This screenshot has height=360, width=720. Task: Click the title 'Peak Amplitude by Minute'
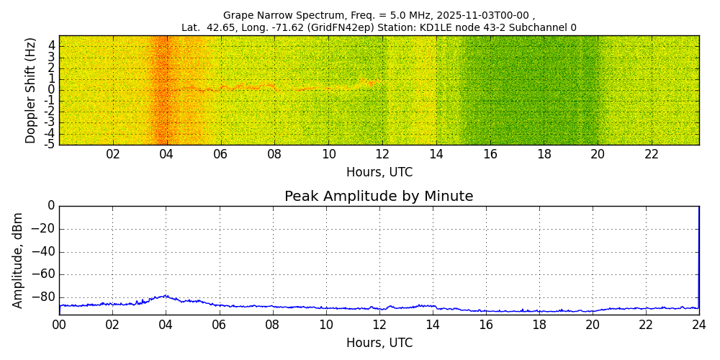coord(379,197)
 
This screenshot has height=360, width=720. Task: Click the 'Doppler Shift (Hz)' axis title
coord(30,90)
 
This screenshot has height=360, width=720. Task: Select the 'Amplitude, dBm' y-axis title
coord(19,260)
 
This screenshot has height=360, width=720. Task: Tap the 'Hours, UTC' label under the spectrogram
coord(379,172)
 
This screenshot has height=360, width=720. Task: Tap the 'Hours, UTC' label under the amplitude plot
coord(379,343)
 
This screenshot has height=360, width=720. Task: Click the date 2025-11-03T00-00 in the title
coord(481,15)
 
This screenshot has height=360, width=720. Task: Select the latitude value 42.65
coord(216,28)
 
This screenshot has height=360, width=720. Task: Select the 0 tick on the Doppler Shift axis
coord(52,90)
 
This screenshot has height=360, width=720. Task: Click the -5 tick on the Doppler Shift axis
coord(50,144)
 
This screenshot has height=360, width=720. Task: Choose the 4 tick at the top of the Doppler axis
coord(52,46)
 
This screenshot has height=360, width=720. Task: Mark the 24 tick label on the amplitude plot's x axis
coord(699,325)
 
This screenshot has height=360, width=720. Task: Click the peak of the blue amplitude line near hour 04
coord(166,295)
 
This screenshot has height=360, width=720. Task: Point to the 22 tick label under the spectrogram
coord(652,154)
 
